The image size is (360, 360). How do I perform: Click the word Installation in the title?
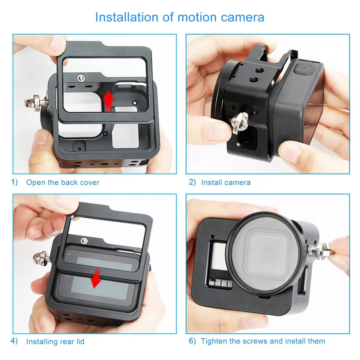pos(127,17)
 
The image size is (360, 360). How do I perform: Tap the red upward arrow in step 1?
pos(107,100)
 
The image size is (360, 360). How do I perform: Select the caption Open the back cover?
pos(63,182)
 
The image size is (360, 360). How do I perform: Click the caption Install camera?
pos(226,182)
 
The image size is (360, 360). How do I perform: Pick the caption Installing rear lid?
pos(55,341)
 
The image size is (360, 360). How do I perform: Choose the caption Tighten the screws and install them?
pos(263,341)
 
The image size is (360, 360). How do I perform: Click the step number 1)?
pos(14,182)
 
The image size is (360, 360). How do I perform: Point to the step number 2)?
pos(192,182)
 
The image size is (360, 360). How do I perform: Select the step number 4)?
pos(14,341)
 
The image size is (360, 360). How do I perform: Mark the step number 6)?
pos(192,341)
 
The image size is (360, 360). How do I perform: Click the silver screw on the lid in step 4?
pos(84,241)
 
